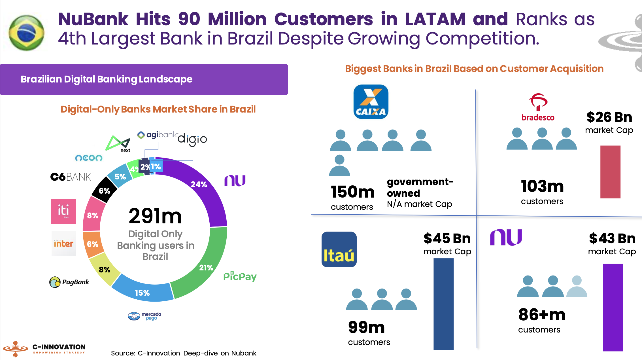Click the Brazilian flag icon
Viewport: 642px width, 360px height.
point(26,33)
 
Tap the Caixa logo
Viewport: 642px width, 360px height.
point(371,102)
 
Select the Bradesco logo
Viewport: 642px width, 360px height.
point(538,107)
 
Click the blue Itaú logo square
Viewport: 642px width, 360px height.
point(339,249)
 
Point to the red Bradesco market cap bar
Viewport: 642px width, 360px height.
point(610,172)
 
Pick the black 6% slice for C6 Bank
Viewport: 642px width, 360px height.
point(104,190)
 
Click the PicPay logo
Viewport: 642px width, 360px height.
point(240,276)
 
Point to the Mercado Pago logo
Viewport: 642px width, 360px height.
point(144,316)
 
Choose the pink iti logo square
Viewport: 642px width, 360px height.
point(63,211)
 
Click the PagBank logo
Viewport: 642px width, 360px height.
point(69,282)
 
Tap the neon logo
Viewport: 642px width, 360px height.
point(89,158)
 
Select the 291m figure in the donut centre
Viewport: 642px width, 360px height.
point(155,216)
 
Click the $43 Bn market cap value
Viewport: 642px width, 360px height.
point(612,238)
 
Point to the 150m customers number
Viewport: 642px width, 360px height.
point(352,192)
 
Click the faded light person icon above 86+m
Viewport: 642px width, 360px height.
point(577,287)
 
